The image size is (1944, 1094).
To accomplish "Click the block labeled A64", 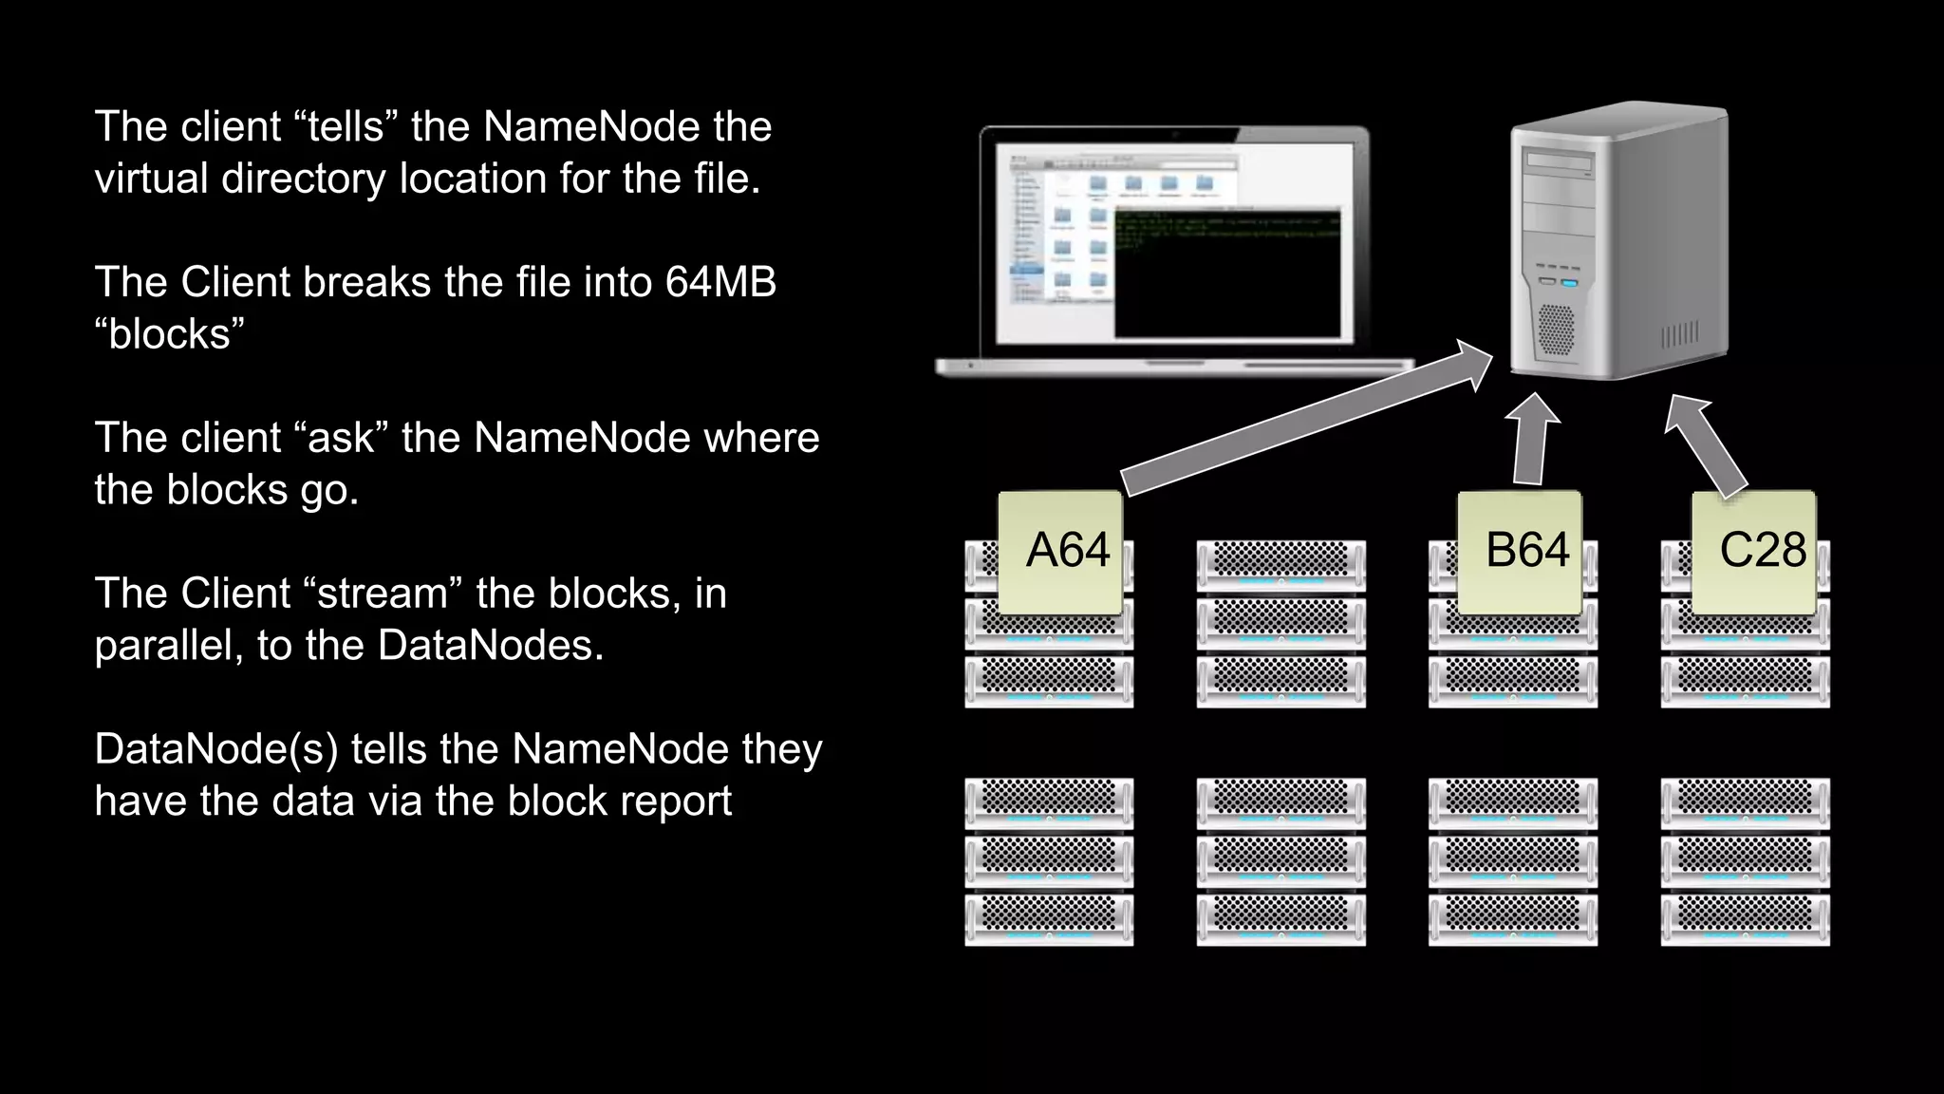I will click(x=1060, y=553).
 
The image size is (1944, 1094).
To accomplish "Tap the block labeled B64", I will click(x=1519, y=553).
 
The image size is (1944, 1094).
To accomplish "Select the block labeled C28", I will click(x=1754, y=553).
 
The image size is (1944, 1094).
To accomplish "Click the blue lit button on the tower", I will click(x=1568, y=282).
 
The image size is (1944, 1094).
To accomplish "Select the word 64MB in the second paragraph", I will click(x=720, y=282).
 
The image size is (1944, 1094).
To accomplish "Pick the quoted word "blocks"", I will click(x=169, y=334).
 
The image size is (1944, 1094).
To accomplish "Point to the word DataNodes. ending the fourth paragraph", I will click(x=490, y=646).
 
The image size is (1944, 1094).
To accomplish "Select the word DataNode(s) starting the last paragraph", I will click(x=215, y=749).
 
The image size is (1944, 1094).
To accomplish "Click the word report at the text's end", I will click(x=675, y=801).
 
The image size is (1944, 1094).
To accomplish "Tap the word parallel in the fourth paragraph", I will click(x=169, y=646).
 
